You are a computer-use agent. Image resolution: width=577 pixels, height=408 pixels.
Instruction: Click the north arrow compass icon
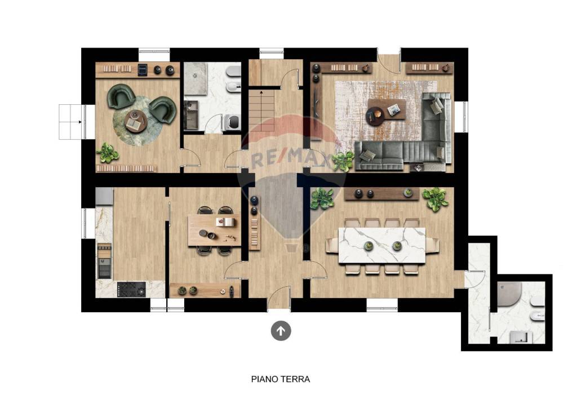[281, 331]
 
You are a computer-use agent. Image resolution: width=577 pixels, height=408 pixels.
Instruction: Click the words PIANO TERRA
[280, 379]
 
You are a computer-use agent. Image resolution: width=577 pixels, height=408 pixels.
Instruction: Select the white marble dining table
[382, 245]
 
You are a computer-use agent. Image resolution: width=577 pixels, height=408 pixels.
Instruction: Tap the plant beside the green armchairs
[106, 152]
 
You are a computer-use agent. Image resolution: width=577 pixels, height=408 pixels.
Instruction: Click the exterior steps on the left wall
[70, 122]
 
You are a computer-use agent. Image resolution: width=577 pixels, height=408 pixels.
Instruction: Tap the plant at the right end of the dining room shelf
[435, 198]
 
